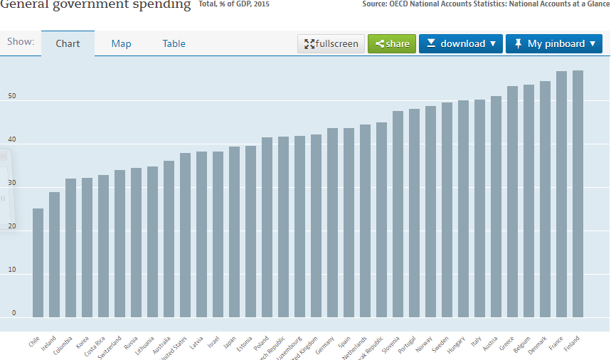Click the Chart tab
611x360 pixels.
(68, 43)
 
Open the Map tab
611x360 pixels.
(121, 43)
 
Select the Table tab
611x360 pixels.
(174, 43)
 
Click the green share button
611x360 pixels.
(392, 43)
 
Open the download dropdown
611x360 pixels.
(460, 43)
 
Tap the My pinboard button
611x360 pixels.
(553, 43)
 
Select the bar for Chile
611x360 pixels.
(38, 263)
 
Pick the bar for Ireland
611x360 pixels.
(54, 254)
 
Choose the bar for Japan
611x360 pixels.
(234, 232)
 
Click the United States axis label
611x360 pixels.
(175, 348)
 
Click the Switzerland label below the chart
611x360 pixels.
(110, 347)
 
